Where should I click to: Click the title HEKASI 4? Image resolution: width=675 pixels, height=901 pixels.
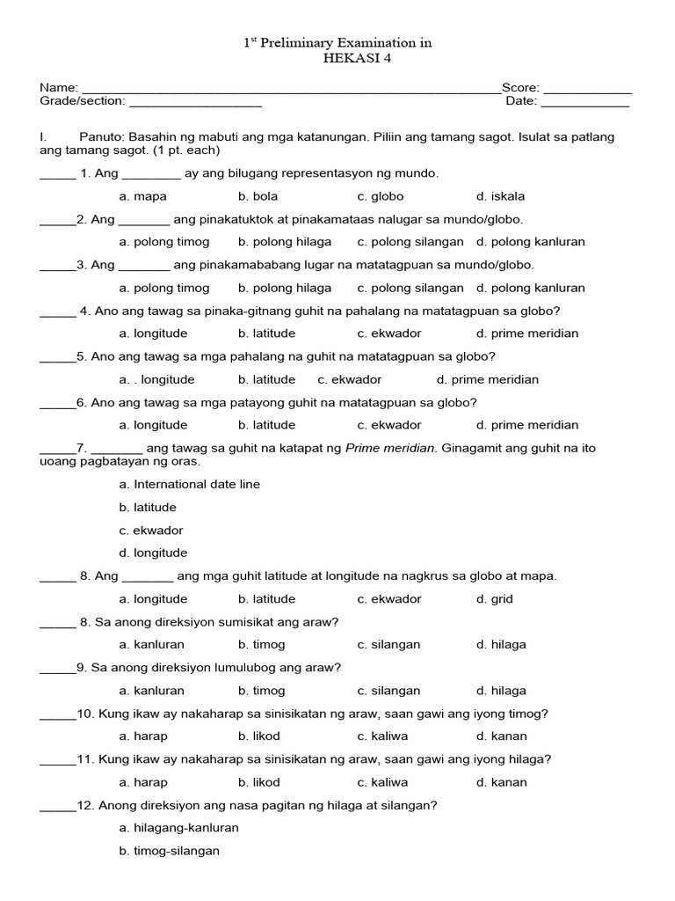click(x=337, y=58)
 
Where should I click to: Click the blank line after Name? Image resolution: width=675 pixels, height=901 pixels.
click(x=290, y=90)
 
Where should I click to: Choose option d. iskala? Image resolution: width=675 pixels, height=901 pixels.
click(x=500, y=196)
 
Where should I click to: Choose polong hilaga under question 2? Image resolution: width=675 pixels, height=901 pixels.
click(x=285, y=242)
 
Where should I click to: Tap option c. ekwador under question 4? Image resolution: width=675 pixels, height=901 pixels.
click(x=389, y=333)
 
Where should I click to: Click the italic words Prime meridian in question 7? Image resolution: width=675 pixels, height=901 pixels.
click(x=390, y=448)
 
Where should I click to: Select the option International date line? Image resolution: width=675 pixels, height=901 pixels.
click(x=189, y=484)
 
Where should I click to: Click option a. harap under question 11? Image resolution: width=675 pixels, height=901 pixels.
click(x=143, y=782)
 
